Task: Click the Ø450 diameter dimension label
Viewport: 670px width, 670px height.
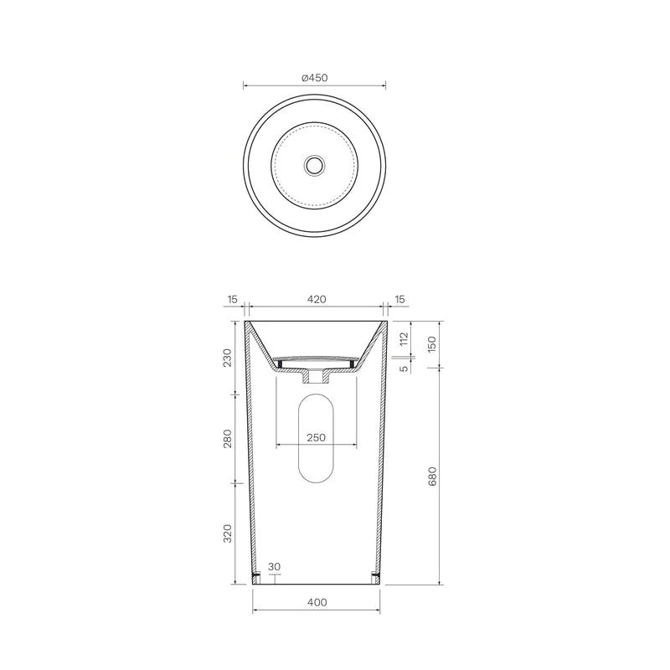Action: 314,77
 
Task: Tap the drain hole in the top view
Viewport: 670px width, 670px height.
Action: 314,166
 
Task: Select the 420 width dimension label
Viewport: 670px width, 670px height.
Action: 316,299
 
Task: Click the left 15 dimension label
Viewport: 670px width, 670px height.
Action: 232,299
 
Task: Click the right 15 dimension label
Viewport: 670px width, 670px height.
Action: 399,299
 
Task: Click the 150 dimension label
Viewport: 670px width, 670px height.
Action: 432,344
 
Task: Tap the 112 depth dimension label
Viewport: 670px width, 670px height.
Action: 404,339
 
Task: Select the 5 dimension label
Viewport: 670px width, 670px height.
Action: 404,368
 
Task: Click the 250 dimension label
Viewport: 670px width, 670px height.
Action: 316,437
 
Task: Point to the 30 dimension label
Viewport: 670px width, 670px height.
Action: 275,567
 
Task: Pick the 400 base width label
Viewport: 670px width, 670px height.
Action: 316,602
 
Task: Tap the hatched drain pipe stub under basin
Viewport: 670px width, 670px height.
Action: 316,377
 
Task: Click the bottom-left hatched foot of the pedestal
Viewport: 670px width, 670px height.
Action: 257,577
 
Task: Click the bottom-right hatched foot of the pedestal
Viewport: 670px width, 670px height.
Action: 375,577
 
